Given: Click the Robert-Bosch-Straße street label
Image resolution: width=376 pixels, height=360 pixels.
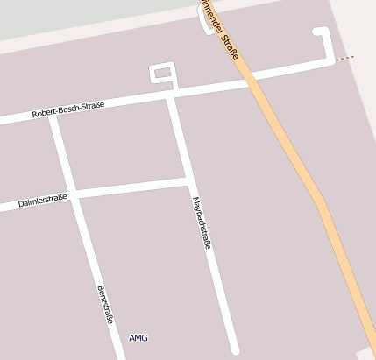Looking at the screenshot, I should coord(67,109).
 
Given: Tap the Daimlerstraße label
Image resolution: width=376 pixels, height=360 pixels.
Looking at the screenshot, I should coord(43,202).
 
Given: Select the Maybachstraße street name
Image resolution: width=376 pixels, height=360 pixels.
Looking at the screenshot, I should coord(202,222).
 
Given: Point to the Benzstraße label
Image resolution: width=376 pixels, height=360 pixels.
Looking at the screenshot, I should coord(105,304).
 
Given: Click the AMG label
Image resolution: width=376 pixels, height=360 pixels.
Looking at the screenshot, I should coord(138,337).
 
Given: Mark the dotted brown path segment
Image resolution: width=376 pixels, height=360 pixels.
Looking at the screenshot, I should coord(344,59).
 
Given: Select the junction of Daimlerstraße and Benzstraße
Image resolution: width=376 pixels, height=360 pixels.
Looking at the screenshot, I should coord(75,194).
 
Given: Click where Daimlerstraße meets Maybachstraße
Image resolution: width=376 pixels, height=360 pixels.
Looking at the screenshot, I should coord(189,181).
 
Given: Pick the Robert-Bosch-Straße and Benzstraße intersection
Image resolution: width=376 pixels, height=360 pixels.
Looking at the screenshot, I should coord(53,116).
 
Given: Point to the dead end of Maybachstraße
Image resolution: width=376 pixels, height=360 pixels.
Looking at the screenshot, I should coord(234,350).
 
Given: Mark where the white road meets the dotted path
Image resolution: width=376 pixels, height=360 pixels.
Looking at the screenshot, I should coord(334,60).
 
